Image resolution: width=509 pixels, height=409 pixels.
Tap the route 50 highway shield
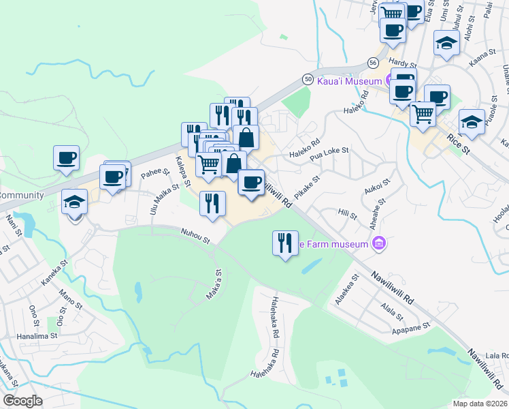tap(308, 80)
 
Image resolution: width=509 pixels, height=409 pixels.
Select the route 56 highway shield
tap(372, 62)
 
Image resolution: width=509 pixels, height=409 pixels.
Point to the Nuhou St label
tap(195, 236)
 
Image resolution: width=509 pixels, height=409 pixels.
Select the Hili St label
tap(347, 216)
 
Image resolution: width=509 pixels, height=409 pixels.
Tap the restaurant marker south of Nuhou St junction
tap(285, 243)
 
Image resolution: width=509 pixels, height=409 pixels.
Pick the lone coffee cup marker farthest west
tap(67, 158)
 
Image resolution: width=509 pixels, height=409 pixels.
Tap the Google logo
tap(22, 401)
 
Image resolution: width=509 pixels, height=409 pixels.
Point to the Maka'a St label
tap(214, 286)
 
